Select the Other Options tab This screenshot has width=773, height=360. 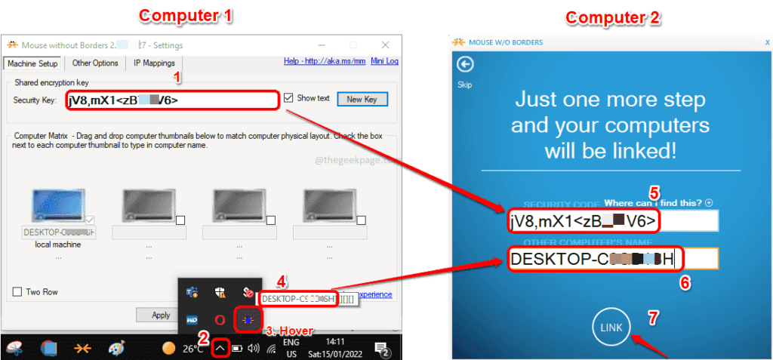95,63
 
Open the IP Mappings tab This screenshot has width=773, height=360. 154,63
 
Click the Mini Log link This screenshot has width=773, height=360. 384,61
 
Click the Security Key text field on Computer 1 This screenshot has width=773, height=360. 172,100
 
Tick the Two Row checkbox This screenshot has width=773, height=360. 17,292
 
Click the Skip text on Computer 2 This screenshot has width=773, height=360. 465,85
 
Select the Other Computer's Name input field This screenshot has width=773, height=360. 612,260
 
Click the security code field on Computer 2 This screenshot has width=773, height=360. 612,220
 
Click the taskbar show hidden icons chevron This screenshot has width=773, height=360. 219,348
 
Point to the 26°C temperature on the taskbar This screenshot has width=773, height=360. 192,349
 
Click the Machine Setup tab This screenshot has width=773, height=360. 32,63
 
